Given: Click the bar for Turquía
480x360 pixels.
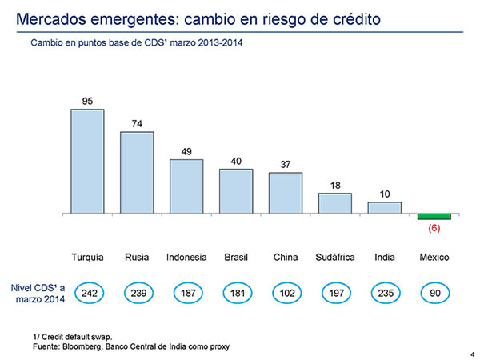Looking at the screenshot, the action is [x=87, y=162].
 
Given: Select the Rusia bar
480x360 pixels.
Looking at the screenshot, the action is [x=137, y=173].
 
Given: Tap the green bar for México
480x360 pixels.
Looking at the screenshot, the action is [x=434, y=217].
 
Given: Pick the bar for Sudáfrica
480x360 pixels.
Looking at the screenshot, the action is [x=335, y=203].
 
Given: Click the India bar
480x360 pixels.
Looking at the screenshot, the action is [x=385, y=208].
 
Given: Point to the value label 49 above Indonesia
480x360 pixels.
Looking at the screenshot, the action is [x=186, y=151].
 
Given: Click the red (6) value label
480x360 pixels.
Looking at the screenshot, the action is [x=434, y=228].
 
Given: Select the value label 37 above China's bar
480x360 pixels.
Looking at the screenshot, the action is [x=286, y=165].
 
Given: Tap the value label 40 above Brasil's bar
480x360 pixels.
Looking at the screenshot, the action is [x=236, y=162].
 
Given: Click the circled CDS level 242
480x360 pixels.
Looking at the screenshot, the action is [x=90, y=294].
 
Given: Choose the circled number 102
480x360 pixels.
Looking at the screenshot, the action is [x=287, y=294].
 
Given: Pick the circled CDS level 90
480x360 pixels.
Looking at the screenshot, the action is [x=435, y=294].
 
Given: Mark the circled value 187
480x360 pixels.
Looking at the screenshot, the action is [x=188, y=294].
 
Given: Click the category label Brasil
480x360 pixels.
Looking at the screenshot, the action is [x=236, y=257].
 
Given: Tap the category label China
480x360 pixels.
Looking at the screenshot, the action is [x=286, y=257].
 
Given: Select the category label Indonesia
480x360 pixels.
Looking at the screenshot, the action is [x=186, y=257].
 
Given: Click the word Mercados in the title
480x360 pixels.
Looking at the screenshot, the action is [x=51, y=19].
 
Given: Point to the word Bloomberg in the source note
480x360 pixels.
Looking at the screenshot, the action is [x=81, y=347].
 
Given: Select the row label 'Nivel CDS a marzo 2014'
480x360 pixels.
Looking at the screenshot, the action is [x=38, y=294].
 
